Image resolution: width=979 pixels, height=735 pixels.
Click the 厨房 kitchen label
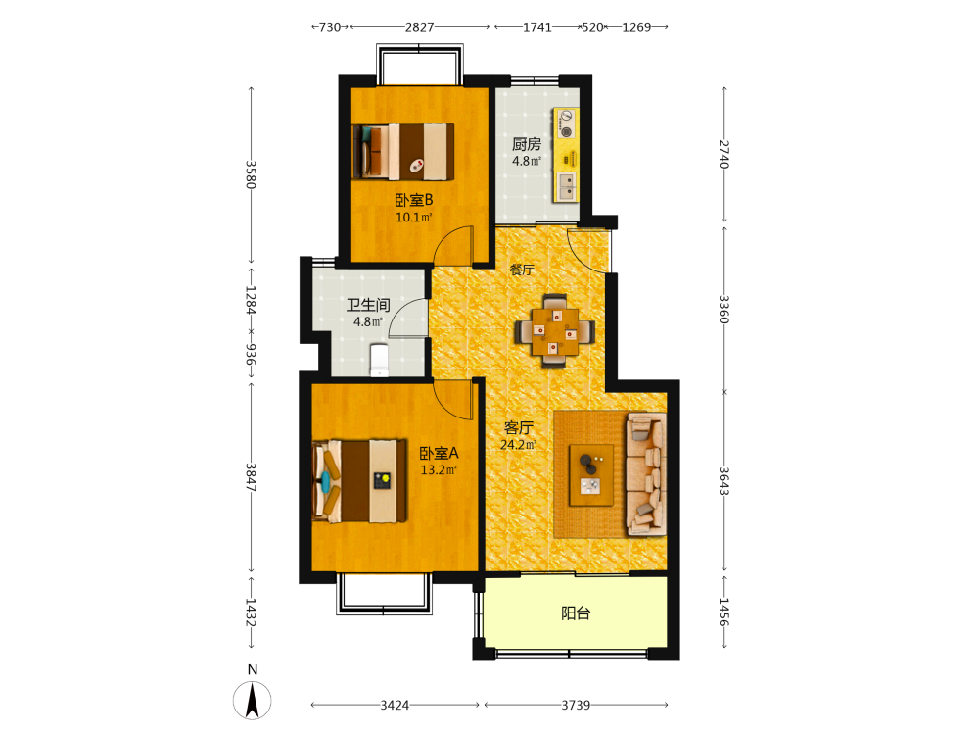[527, 144]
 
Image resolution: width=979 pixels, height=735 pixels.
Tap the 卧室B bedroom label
[414, 200]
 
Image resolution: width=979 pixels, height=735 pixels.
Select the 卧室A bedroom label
[439, 453]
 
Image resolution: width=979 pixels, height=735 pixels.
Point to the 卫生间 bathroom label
[368, 305]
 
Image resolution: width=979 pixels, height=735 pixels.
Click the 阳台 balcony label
[576, 613]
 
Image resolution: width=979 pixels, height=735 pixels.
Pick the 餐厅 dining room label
[522, 270]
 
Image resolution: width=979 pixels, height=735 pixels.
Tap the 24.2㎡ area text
[518, 445]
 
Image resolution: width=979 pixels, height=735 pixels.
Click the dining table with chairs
[554, 330]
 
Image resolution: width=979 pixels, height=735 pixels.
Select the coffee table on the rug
[590, 475]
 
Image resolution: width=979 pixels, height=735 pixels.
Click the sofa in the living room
[646, 473]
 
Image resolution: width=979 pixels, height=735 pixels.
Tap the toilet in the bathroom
[379, 361]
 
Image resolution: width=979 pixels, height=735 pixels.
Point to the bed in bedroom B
[403, 151]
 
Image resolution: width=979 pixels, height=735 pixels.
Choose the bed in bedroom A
[359, 480]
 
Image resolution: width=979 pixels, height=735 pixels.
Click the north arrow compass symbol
[253, 700]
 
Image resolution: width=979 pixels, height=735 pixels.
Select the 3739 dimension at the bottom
[576, 705]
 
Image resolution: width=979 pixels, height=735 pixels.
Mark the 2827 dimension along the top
[420, 26]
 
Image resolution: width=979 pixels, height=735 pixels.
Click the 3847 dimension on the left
[251, 477]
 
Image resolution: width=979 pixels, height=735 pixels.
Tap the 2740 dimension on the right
[723, 154]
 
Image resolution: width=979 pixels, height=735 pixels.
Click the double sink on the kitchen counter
[567, 186]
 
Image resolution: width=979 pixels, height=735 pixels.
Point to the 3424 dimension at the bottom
[395, 705]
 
